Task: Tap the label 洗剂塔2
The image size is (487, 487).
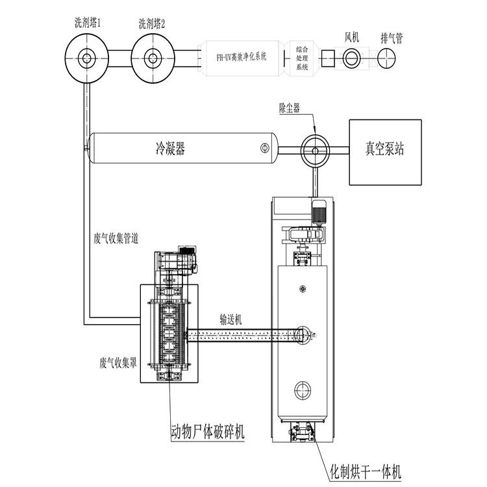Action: (152, 23)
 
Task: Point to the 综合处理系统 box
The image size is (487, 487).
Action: (302, 57)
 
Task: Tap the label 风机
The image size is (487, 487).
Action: (353, 38)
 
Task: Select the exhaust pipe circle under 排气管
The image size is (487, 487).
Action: (390, 57)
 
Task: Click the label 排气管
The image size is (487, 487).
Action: (391, 38)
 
